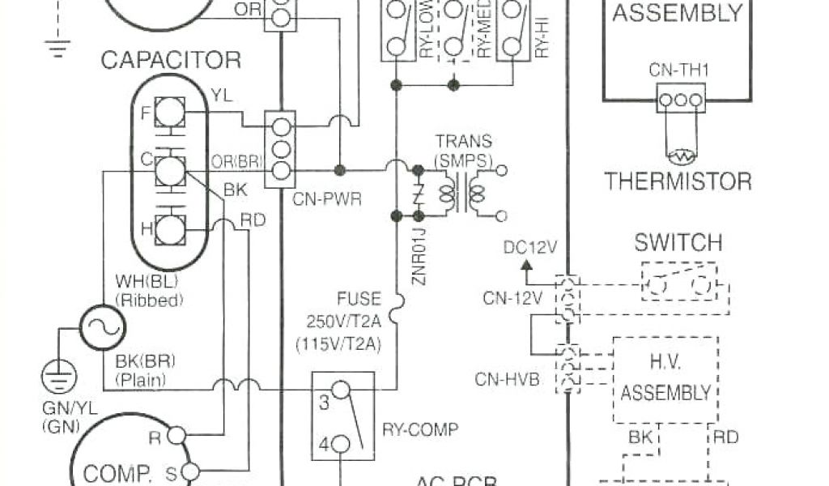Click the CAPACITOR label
point(170,60)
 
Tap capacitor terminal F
point(169,112)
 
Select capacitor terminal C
point(169,171)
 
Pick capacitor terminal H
point(169,229)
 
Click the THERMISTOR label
point(678,181)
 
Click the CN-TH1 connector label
point(679,70)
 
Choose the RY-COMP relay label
point(420,429)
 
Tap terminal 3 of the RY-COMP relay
point(341,391)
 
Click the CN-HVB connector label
point(507,377)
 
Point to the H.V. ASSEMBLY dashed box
point(665,381)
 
